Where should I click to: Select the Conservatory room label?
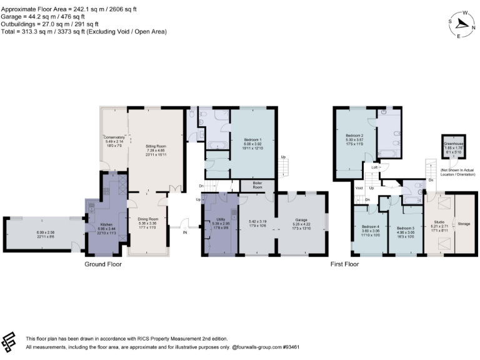pyautogui.click(x=114, y=137)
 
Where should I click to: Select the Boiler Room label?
pyautogui.click(x=257, y=186)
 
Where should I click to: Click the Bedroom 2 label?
pyautogui.click(x=354, y=134)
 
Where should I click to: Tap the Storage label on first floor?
pyautogui.click(x=464, y=223)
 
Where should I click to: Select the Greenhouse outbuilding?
pyautogui.click(x=453, y=147)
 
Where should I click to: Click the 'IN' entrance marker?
pyautogui.click(x=184, y=232)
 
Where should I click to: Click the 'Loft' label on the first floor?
pyautogui.click(x=374, y=167)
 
